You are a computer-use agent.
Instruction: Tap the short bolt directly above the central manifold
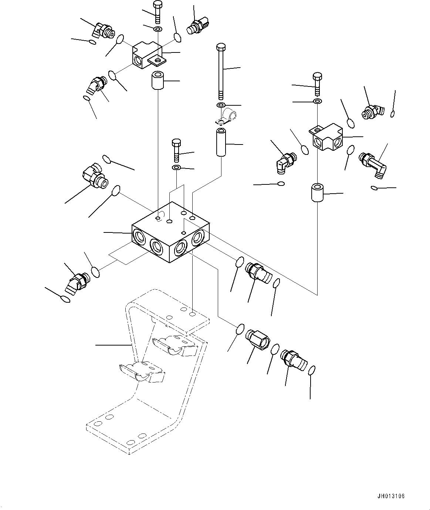(176, 150)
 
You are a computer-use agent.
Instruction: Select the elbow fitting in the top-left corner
(103, 30)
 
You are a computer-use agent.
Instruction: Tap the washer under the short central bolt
(176, 168)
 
